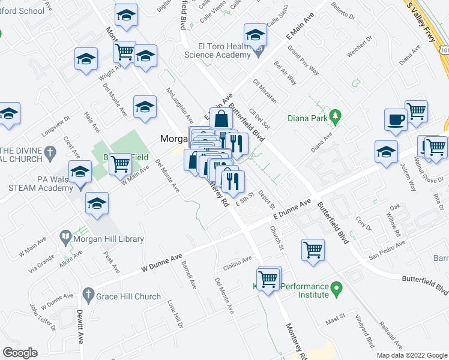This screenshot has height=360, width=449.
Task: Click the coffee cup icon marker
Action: [x=396, y=119]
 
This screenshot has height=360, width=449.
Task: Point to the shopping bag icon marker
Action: [x=221, y=118]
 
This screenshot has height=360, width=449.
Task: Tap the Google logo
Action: [x=20, y=353]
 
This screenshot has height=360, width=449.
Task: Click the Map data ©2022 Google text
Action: [x=411, y=355]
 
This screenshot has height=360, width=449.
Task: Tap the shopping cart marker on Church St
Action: [x=313, y=250]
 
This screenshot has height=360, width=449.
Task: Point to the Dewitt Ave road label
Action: [x=80, y=326]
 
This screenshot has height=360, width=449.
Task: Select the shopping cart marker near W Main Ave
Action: [x=121, y=163]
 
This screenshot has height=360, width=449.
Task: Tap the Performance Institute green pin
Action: [x=337, y=290]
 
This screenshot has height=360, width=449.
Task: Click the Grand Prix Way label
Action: [x=301, y=57]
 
